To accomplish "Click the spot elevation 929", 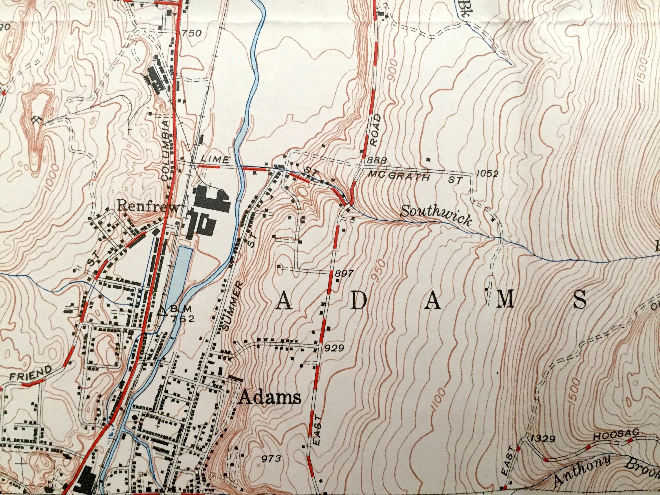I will coord(335,348).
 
